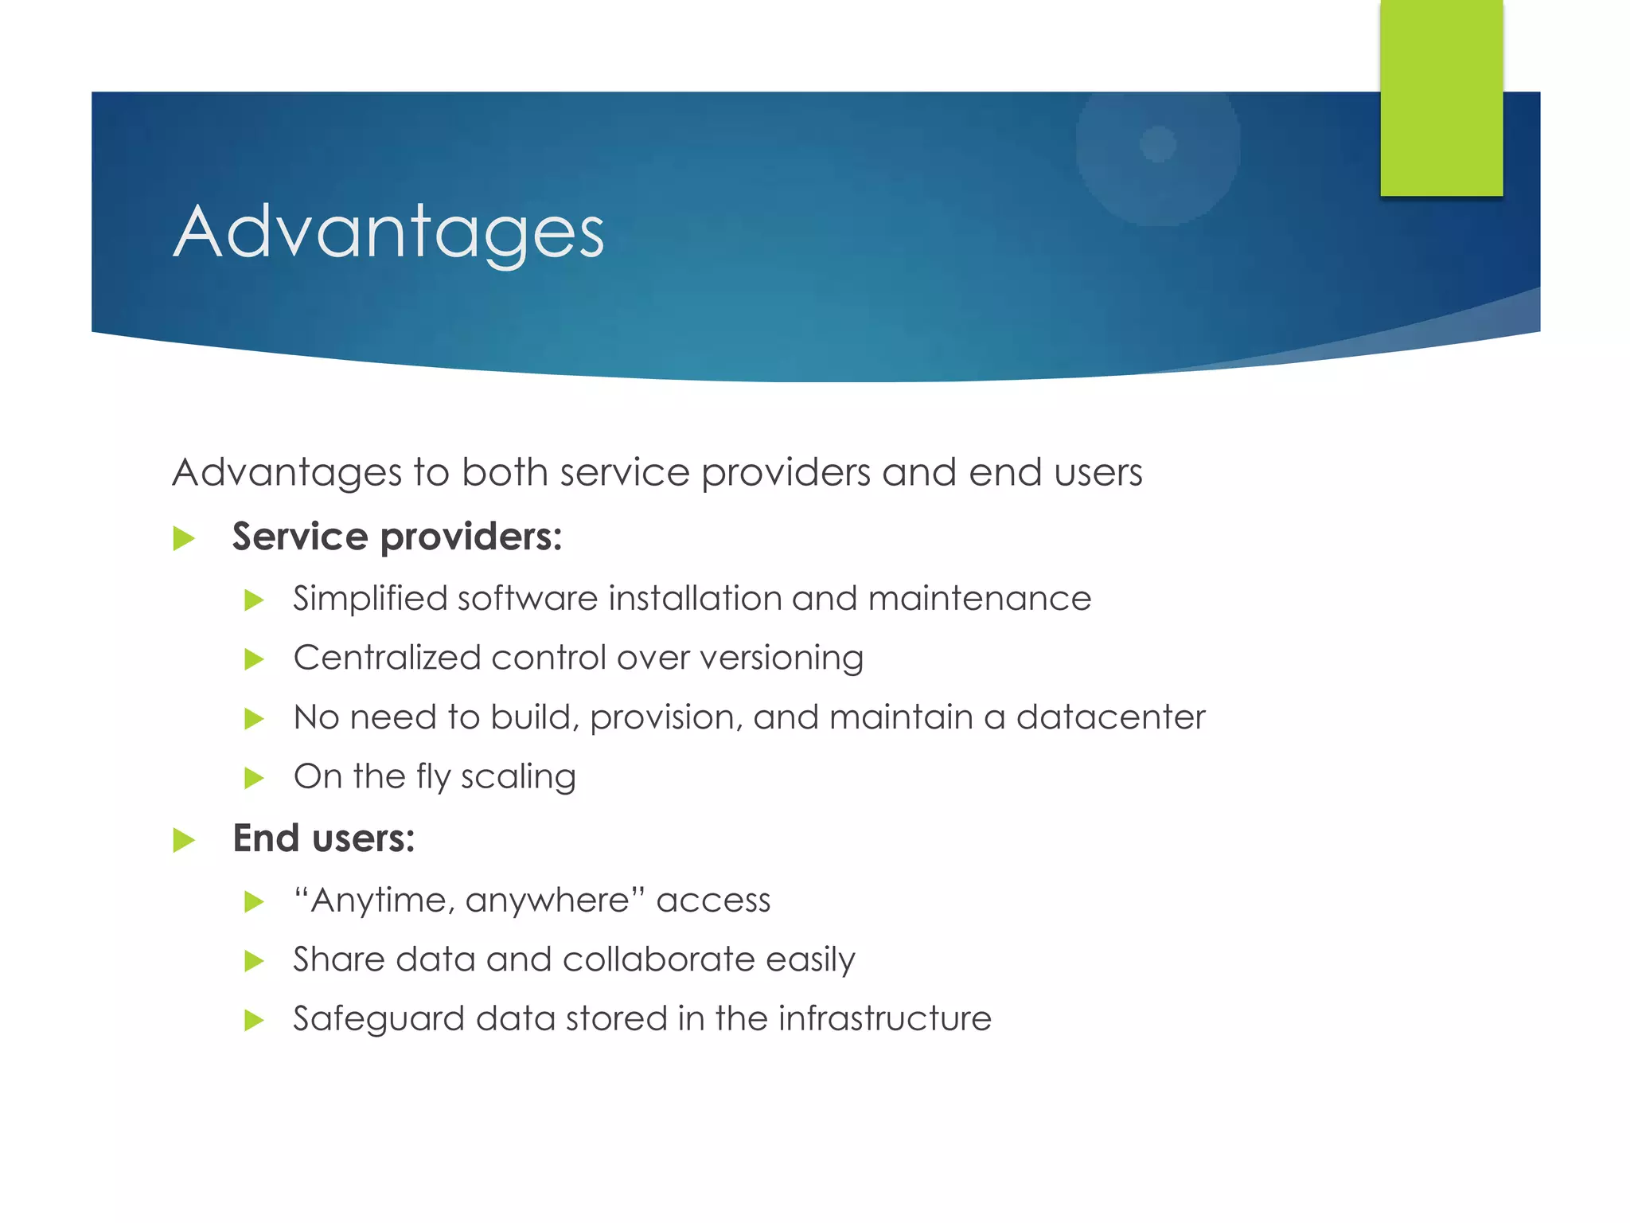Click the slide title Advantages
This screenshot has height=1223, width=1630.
click(x=388, y=232)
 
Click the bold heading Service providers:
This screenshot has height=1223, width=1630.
click(x=396, y=537)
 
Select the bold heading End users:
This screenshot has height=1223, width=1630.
click(x=323, y=838)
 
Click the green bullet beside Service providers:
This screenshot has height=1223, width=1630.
click(x=184, y=539)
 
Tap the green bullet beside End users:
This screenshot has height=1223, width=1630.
click(x=184, y=840)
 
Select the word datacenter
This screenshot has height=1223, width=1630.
click(x=1110, y=717)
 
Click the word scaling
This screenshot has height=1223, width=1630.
click(x=517, y=777)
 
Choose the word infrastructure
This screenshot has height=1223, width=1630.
click(x=884, y=1018)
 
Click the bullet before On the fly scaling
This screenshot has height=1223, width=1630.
click(x=254, y=778)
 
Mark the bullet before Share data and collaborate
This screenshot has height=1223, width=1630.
click(x=254, y=961)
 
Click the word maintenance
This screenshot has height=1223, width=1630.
click(x=979, y=599)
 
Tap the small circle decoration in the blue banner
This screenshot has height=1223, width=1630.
click(x=1157, y=144)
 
